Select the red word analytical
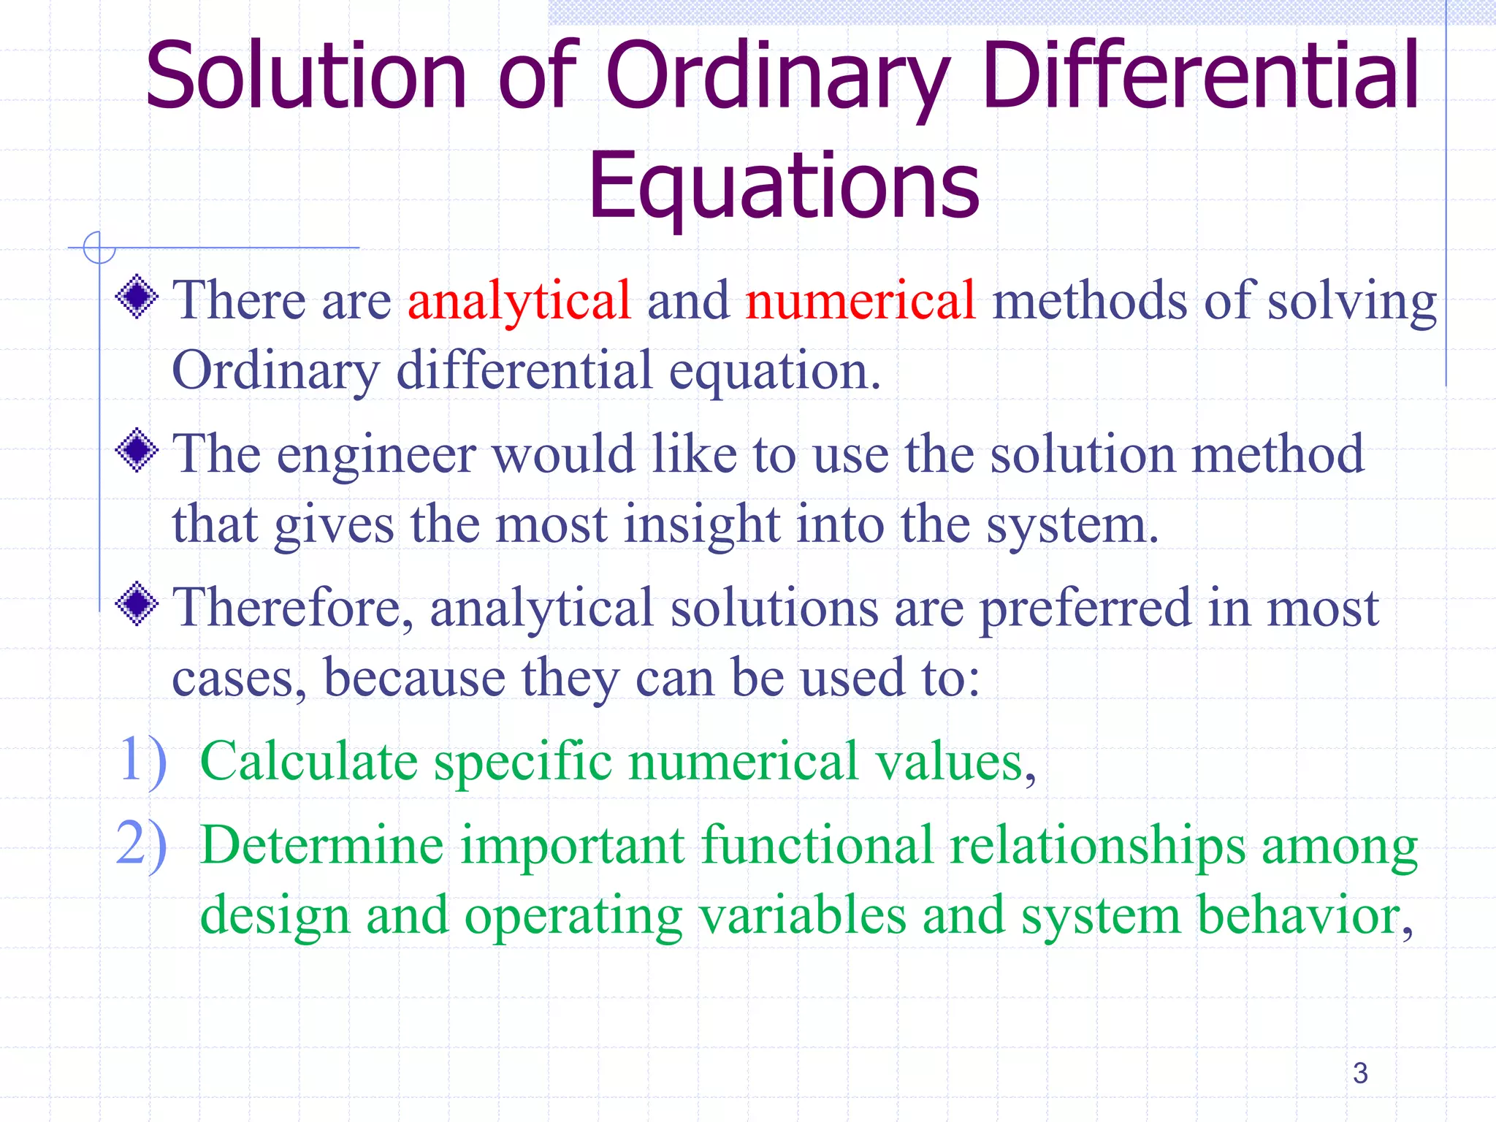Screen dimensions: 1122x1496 click(x=519, y=300)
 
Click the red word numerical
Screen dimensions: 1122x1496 click(x=860, y=300)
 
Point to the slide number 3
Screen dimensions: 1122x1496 click(x=1359, y=1073)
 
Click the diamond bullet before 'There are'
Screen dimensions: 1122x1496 click(x=137, y=297)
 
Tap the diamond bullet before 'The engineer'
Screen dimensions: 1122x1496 click(x=137, y=451)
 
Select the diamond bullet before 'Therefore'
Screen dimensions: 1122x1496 click(x=137, y=604)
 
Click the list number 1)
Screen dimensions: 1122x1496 click(x=142, y=760)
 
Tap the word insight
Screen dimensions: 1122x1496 click(x=701, y=524)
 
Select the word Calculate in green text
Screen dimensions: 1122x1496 click(x=308, y=762)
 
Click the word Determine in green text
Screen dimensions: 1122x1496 click(x=321, y=845)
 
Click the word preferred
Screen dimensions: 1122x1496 click(x=1084, y=608)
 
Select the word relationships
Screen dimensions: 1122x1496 click(x=1097, y=846)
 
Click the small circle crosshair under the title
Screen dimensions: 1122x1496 click(x=99, y=248)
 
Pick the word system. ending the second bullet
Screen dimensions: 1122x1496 click(x=1072, y=524)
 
